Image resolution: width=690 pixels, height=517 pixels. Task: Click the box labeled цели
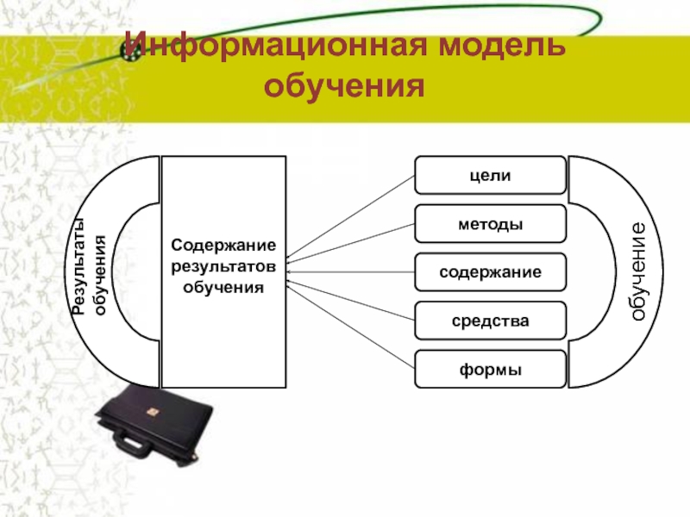491,175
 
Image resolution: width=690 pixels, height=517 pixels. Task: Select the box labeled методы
491,223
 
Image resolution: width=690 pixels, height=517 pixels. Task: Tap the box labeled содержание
491,271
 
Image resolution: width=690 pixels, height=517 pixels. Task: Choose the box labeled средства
491,321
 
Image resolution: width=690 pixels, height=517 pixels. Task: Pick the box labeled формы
491,369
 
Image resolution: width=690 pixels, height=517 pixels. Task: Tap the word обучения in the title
345,85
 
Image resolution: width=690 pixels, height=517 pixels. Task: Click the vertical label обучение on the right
637,271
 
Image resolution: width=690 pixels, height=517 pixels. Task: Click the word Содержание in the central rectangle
223,246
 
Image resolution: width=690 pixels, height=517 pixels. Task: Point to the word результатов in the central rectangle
223,265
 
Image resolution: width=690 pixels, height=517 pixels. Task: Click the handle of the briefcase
138,445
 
